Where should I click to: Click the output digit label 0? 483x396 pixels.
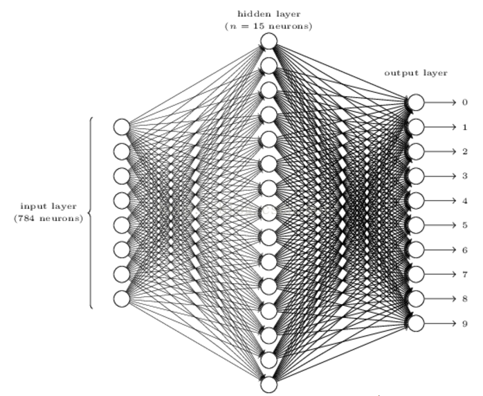coord(465,102)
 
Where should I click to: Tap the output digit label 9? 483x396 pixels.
coord(465,323)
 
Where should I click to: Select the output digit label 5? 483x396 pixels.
coord(465,225)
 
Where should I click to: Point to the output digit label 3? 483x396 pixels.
coord(465,176)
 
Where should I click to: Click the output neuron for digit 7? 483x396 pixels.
coord(416,274)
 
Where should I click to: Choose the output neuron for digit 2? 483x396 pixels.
coord(416,152)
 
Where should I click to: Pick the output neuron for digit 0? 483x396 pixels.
coord(416,102)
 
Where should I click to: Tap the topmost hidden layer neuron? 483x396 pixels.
coord(269,41)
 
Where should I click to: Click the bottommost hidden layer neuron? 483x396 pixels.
coord(269,385)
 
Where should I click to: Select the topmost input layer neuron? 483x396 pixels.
coord(122,127)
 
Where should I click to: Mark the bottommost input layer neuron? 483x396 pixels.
coord(122,298)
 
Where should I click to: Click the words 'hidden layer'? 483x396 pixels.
coord(269,14)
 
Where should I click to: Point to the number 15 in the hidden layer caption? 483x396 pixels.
coord(258,26)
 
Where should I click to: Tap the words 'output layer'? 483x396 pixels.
coord(416,73)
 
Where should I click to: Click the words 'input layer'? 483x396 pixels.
coord(48,206)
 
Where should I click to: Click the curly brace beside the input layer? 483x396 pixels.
coord(91,213)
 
